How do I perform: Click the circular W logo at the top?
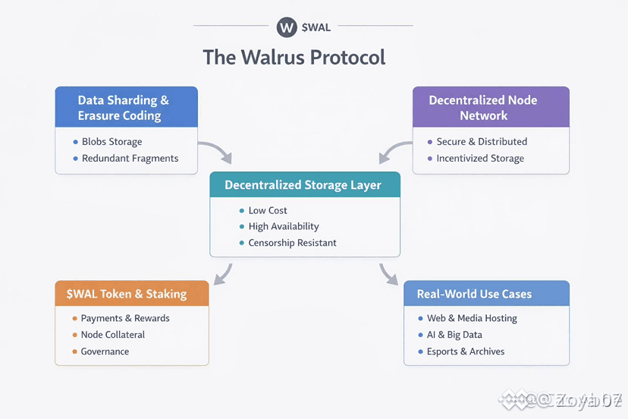coord(287,27)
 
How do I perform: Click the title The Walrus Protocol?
coord(294,58)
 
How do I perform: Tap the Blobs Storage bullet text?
coord(111,142)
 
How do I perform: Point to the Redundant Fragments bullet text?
coord(130,159)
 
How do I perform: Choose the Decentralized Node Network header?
coord(483,108)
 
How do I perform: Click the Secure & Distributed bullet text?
coord(482,142)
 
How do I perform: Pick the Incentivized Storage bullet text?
coord(480,159)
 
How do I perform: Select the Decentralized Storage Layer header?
coord(303,185)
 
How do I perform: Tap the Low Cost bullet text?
coord(268,210)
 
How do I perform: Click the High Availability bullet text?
coord(284,226)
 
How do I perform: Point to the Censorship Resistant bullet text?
coord(292,243)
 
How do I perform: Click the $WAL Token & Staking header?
coord(132,294)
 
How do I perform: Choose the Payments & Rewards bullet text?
coord(125,319)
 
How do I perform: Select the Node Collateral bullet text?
coord(113,335)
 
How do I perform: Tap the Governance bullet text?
coord(105,351)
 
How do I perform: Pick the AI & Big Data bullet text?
coord(455,335)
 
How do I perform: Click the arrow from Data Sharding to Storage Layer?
coord(215,152)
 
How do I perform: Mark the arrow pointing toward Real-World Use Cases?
coord(388,274)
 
